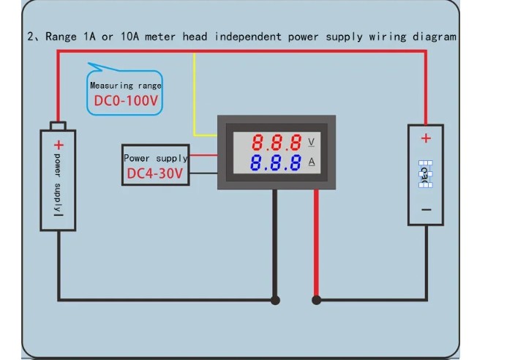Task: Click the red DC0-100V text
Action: (x=124, y=101)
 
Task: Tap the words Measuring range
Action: (x=125, y=86)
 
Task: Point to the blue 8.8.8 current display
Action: (x=276, y=162)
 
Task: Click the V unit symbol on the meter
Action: (x=312, y=141)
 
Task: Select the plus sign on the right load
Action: (x=426, y=138)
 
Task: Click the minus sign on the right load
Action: (x=426, y=209)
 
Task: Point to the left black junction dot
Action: (x=275, y=299)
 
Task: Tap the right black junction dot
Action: (x=317, y=299)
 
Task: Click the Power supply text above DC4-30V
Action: (x=155, y=157)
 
